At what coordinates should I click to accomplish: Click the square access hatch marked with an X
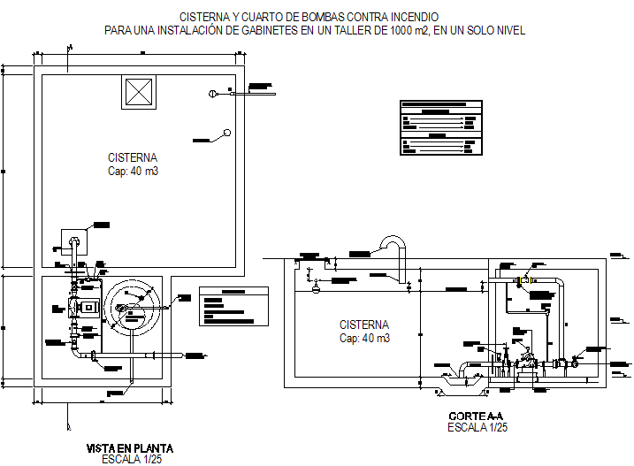[139, 92]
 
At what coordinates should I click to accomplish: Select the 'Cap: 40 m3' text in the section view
[365, 338]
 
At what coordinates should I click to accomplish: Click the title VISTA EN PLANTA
[129, 448]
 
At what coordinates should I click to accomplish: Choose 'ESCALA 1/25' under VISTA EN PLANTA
[130, 460]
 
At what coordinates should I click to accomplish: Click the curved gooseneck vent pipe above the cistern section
[390, 244]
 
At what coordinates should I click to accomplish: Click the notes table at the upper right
[439, 126]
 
